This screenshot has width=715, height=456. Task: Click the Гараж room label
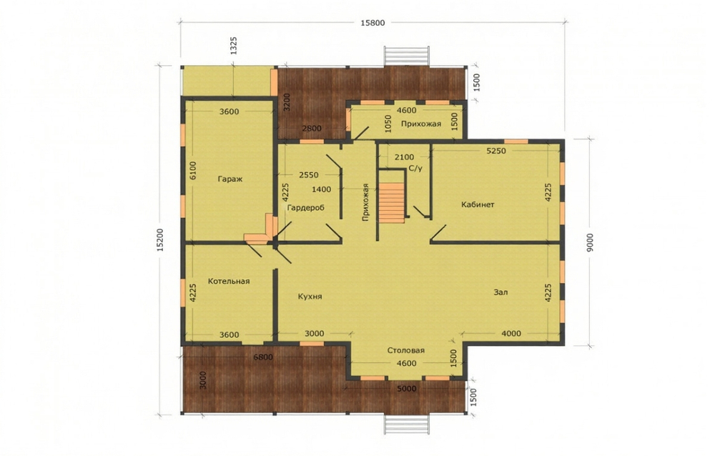[x=230, y=179]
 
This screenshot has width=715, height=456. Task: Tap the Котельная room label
[x=229, y=282]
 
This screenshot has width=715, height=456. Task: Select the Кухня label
[x=310, y=297]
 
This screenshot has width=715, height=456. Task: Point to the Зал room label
[x=500, y=292]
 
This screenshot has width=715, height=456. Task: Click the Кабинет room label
[x=478, y=204]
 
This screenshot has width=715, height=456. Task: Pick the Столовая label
[x=406, y=351]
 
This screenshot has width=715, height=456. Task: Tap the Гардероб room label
[x=306, y=208]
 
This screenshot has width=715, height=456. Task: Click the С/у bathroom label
[x=415, y=169]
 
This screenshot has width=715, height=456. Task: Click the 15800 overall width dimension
[x=373, y=23]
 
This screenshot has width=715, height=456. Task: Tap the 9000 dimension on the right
[x=590, y=242]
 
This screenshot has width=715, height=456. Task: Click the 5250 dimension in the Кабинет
[x=496, y=151]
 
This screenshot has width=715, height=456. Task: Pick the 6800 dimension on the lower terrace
[x=263, y=357]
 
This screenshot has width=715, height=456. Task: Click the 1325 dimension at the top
[x=234, y=46]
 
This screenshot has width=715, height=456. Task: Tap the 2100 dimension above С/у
[x=405, y=157]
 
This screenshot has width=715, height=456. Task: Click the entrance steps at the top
[x=407, y=56]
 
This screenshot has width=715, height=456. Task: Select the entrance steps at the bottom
[x=407, y=426]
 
